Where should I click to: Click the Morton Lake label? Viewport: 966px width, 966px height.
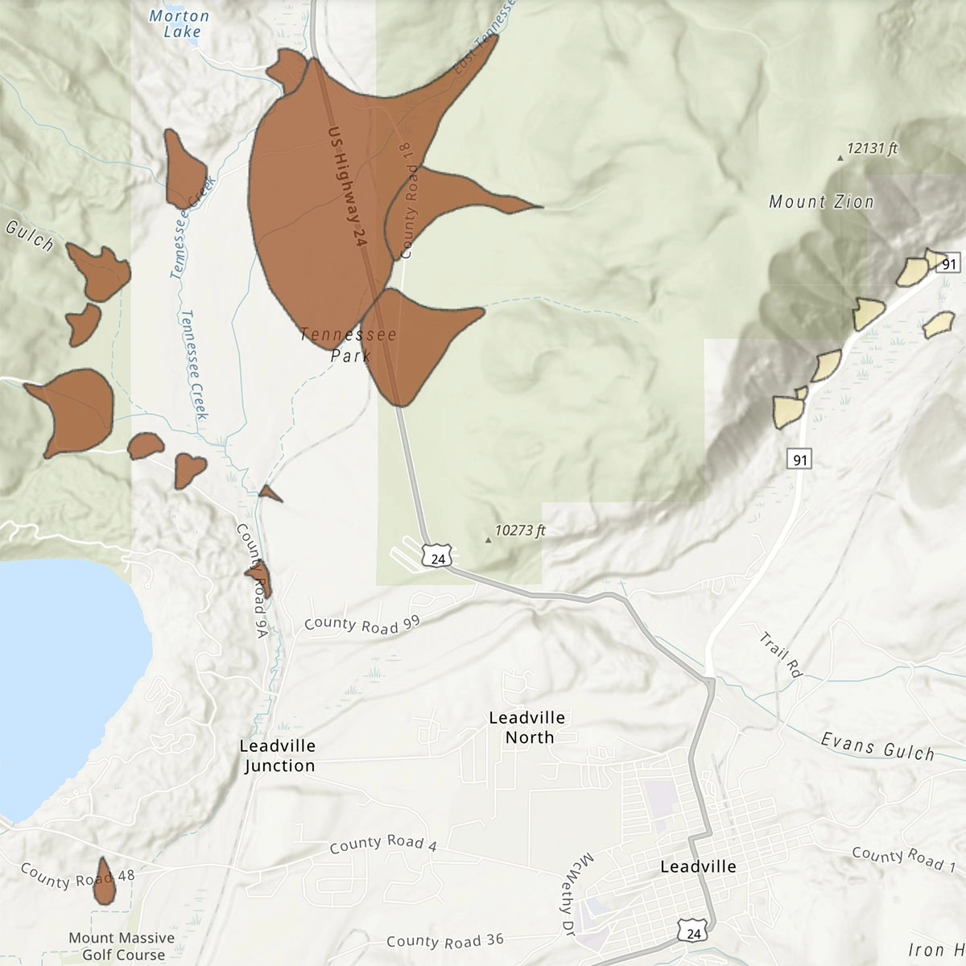click(180, 24)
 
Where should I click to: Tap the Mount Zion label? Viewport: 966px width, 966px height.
click(821, 202)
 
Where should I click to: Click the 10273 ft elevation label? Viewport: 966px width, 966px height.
click(520, 531)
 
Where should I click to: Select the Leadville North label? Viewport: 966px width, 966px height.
click(527, 727)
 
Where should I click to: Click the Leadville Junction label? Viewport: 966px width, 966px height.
click(278, 756)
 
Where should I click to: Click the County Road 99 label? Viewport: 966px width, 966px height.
click(362, 623)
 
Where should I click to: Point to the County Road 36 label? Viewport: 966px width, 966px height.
click(444, 941)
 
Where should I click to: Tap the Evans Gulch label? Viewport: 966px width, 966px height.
click(877, 746)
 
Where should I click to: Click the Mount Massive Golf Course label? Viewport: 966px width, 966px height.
click(122, 946)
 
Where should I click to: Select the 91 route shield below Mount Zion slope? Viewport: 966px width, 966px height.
click(799, 460)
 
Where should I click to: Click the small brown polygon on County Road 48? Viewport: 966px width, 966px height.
click(104, 881)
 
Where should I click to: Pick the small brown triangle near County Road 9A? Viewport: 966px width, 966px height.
click(270, 493)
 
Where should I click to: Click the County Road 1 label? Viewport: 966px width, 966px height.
click(902, 858)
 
